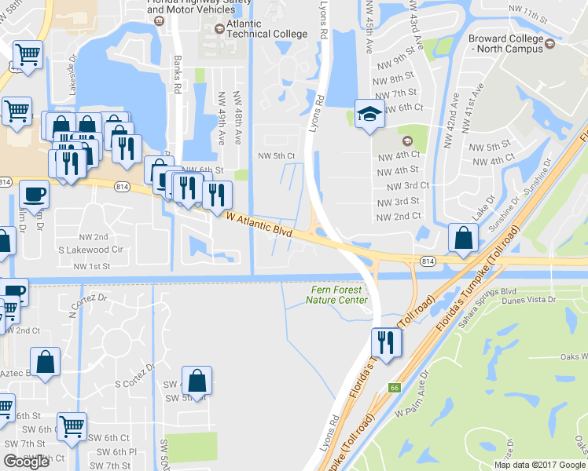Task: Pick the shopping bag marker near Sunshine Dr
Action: tap(464, 237)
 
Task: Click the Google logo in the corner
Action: tap(26, 462)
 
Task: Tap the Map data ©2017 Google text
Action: tap(538, 465)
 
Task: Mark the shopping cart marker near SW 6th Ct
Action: tap(72, 426)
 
